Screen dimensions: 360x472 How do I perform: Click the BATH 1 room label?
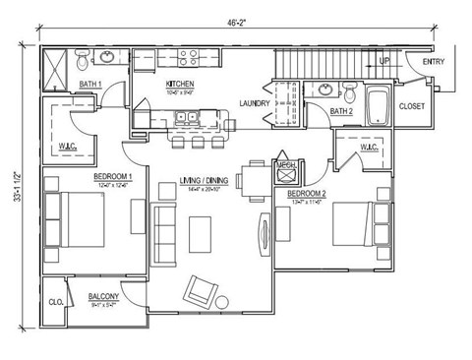tap(91, 85)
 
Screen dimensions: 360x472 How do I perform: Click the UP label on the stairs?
tap(384, 61)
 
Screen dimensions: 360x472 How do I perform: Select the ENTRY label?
tap(433, 62)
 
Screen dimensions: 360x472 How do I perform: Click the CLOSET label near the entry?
tap(411, 105)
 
